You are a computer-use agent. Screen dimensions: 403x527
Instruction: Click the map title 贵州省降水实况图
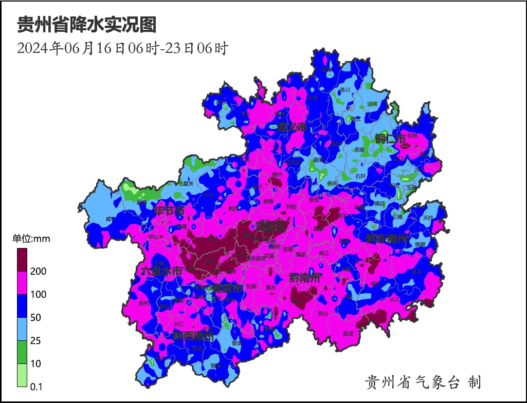[86, 24]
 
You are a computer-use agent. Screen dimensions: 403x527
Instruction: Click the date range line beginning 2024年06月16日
[122, 48]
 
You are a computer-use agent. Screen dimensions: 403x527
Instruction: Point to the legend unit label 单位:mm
[31, 239]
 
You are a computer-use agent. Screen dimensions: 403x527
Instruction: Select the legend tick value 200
[39, 272]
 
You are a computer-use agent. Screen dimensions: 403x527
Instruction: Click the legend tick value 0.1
[37, 387]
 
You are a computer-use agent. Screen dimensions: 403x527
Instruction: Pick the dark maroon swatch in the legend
[23, 260]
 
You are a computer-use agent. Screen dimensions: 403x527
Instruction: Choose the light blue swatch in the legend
[23, 329]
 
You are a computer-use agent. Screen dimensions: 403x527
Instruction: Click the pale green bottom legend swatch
[23, 375]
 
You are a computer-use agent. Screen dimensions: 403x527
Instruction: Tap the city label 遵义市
[292, 127]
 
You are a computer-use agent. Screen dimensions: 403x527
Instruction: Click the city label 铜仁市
[390, 138]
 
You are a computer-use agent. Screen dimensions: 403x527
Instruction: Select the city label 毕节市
[169, 211]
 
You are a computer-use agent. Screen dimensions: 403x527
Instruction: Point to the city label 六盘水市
[161, 271]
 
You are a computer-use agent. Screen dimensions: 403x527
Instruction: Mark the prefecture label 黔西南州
[193, 336]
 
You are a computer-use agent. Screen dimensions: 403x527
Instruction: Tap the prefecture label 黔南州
[304, 278]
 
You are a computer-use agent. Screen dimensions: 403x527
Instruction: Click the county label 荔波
[348, 333]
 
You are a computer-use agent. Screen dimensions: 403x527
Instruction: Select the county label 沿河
[372, 104]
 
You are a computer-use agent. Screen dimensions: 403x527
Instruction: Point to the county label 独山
[323, 313]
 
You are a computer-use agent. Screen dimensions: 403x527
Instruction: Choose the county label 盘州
[143, 303]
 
